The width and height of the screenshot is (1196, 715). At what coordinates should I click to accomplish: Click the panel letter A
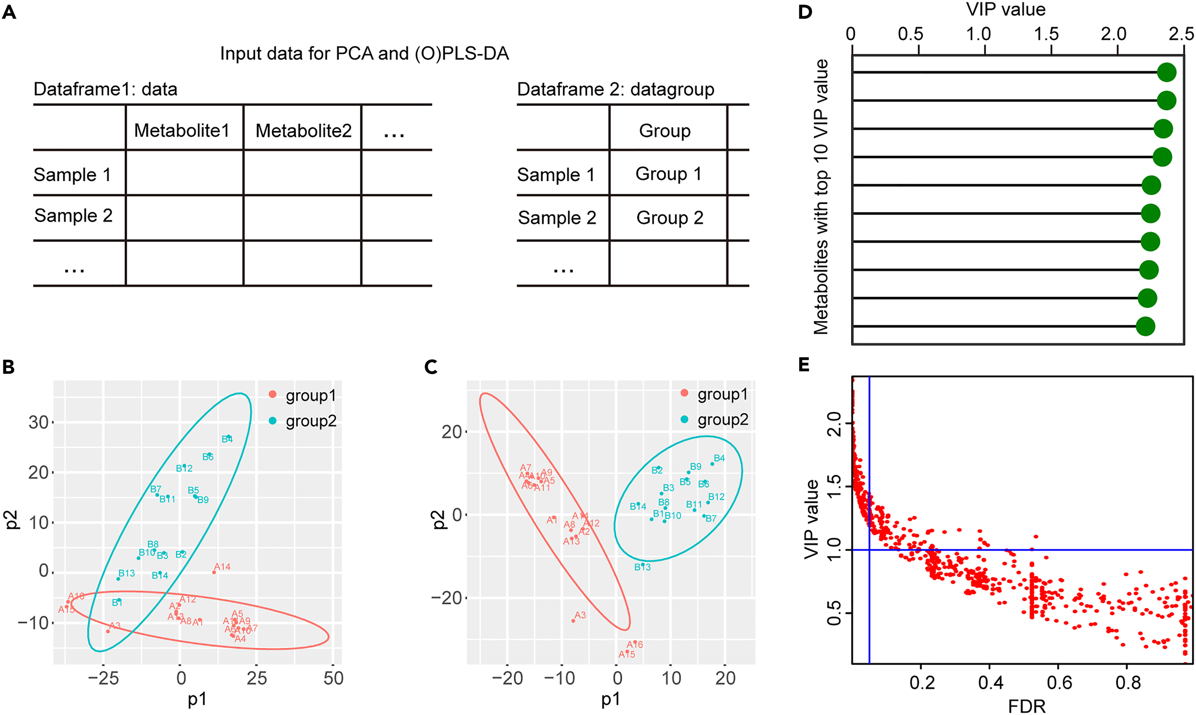coord(9,12)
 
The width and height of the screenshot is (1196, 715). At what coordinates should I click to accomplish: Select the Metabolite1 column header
coord(182,131)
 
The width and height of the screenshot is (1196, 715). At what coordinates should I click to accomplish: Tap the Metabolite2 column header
coord(304,131)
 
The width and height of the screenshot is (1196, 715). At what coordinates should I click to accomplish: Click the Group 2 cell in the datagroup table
coord(669,218)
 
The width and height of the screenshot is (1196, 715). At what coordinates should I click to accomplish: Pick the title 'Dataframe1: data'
coord(105,89)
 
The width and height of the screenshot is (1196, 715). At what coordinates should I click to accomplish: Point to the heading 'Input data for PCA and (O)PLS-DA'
coord(364,53)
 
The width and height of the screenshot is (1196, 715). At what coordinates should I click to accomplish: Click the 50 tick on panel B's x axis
coord(333,679)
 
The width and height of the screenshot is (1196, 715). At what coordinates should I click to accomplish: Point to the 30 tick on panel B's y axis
coord(38,422)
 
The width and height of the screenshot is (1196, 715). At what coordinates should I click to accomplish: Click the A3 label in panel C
coord(580,615)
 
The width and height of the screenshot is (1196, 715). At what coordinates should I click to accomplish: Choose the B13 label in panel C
coord(642,567)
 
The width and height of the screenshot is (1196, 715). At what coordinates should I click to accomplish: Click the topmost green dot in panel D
coord(1167,72)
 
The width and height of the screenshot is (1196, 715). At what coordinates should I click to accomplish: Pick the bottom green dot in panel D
coord(1145,326)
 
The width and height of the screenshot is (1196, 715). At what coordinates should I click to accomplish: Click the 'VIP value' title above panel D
coord(1006,10)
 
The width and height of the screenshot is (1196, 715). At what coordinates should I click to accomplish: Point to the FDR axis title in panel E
coord(1026,706)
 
